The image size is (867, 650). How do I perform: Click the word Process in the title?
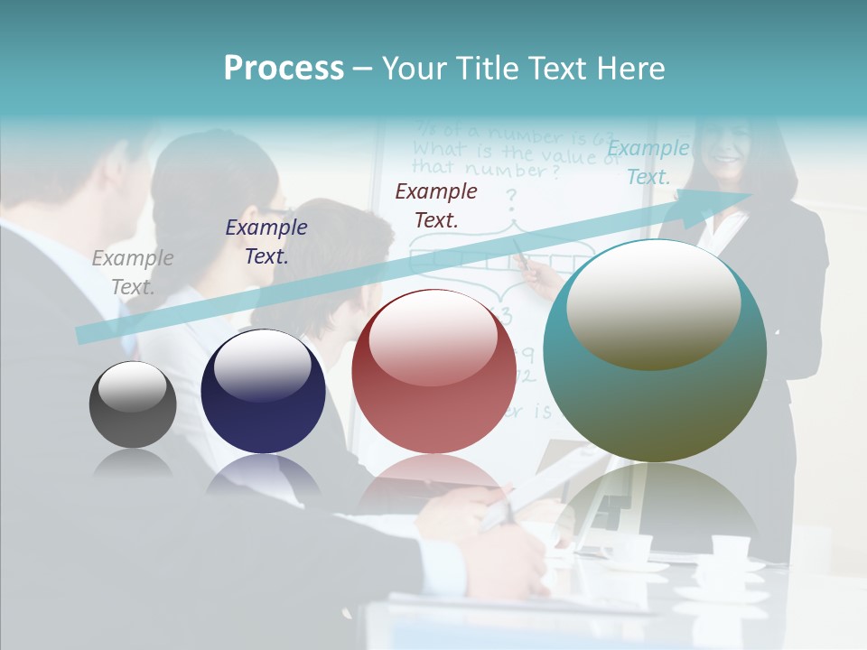pos(284,69)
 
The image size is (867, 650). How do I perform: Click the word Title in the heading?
pos(486,69)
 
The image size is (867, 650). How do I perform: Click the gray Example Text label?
pos(133,272)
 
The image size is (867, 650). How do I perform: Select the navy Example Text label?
pos(266,242)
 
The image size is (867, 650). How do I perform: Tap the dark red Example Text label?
pos(436,205)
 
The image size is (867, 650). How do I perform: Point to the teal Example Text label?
pos(648,162)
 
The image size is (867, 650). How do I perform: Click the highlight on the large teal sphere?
pos(653,302)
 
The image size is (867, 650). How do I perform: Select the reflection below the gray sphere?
pos(133,464)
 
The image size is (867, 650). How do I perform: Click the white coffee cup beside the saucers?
pos(730,547)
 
